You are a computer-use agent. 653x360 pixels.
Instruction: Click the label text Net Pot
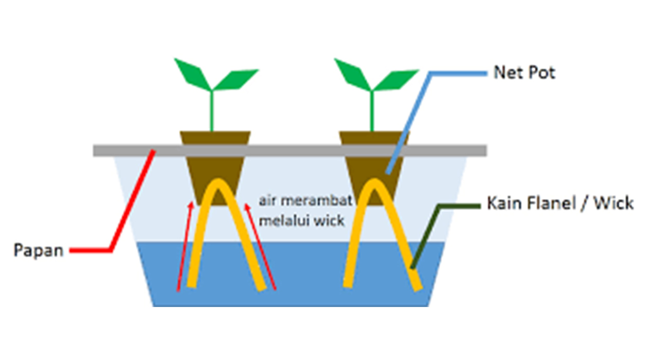click(524, 73)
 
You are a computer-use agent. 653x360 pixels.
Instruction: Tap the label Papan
click(39, 251)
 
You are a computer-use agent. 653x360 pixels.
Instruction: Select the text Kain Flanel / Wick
click(560, 204)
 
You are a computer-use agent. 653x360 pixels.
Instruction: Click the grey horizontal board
click(288, 151)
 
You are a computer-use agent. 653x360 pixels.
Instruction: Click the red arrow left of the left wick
click(185, 247)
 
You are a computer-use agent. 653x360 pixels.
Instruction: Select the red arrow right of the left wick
click(262, 247)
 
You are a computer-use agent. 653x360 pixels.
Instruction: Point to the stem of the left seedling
click(212, 111)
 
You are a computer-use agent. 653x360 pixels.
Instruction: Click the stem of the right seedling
click(372, 111)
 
